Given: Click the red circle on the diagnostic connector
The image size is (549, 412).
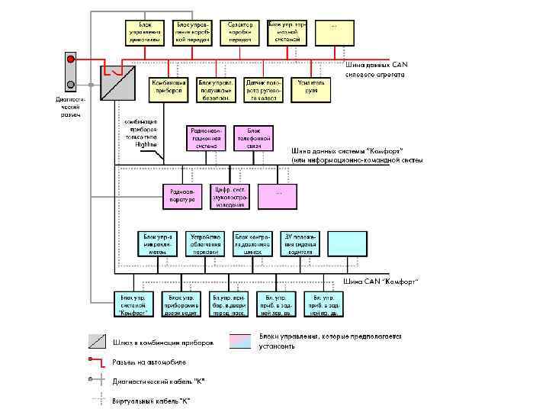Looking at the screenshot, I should [x=70, y=59].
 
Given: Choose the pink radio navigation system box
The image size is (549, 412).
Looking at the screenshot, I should [x=207, y=138].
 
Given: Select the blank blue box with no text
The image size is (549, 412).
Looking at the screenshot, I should [x=347, y=243].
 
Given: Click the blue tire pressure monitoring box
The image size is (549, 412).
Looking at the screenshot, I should [x=252, y=243].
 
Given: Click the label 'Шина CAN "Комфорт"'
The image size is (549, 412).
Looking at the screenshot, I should [x=380, y=282].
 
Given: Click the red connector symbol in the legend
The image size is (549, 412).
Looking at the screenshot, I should [x=95, y=361].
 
